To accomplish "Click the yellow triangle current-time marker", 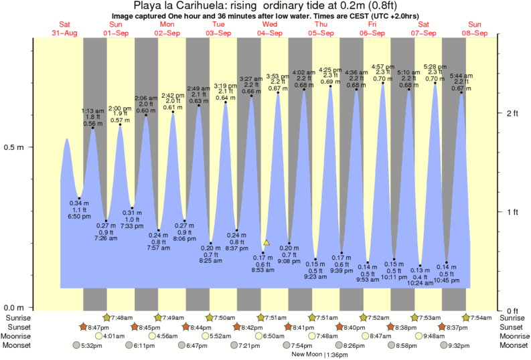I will (267, 242).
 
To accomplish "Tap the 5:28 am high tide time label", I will (435, 67).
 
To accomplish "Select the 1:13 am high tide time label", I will (92, 110).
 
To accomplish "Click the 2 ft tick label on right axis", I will (513, 113).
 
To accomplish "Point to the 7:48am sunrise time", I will (123, 317).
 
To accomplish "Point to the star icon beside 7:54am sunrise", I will (467, 317).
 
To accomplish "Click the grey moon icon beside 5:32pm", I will (77, 345).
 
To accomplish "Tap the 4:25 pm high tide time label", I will (329, 70).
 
